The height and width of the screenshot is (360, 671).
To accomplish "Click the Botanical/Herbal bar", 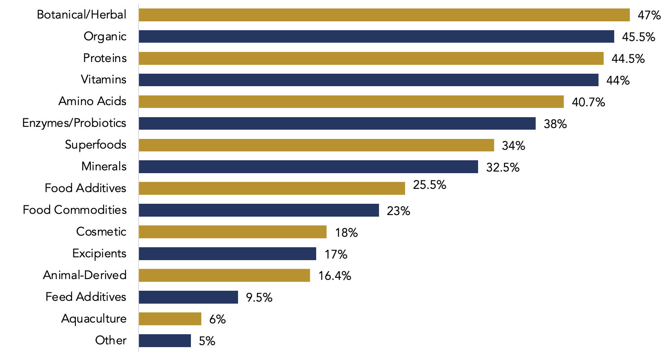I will [384, 15].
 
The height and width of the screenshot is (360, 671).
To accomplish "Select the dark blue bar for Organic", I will [376, 37].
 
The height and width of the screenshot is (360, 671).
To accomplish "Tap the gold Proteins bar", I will [371, 58].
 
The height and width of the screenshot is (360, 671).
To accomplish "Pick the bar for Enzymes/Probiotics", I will [337, 124].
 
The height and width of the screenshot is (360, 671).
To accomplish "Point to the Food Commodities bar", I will [259, 210].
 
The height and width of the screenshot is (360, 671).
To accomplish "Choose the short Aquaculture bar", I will [170, 319].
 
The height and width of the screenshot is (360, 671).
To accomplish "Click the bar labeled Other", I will [165, 341].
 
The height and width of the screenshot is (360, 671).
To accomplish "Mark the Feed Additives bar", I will [188, 297].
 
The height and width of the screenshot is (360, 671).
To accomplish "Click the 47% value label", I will [649, 15].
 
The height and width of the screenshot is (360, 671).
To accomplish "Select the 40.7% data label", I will [588, 102].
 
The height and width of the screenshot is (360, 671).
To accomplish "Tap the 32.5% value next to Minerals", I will [502, 167].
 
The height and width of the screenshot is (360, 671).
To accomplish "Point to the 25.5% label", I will [429, 185].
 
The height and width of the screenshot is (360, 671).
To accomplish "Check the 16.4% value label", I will [334, 276].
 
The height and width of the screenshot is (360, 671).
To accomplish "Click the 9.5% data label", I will [259, 298].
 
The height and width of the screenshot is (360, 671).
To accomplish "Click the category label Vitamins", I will [104, 79].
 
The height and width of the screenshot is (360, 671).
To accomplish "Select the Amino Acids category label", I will [92, 101].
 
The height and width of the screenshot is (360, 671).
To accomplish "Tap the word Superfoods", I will [95, 145].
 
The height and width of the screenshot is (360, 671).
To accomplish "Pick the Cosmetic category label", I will [101, 232].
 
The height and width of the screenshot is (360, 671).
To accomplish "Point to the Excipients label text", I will [99, 253].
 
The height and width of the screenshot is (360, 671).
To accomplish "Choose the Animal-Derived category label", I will [85, 275].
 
